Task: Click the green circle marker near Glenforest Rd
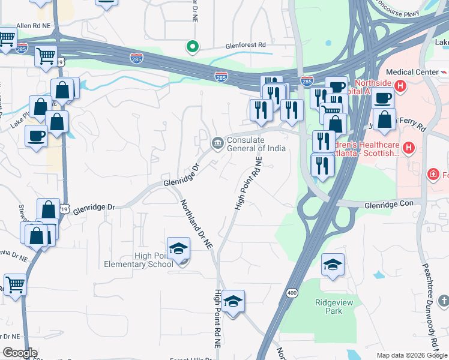[192, 46]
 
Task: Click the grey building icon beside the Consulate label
[217, 143]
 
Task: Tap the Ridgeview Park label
[330, 307]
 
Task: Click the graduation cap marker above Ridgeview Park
[332, 265]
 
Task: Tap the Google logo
[19, 353]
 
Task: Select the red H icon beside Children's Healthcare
[409, 147]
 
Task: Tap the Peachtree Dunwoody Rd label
[432, 306]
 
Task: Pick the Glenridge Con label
[389, 205]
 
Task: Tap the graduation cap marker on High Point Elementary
[178, 249]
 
